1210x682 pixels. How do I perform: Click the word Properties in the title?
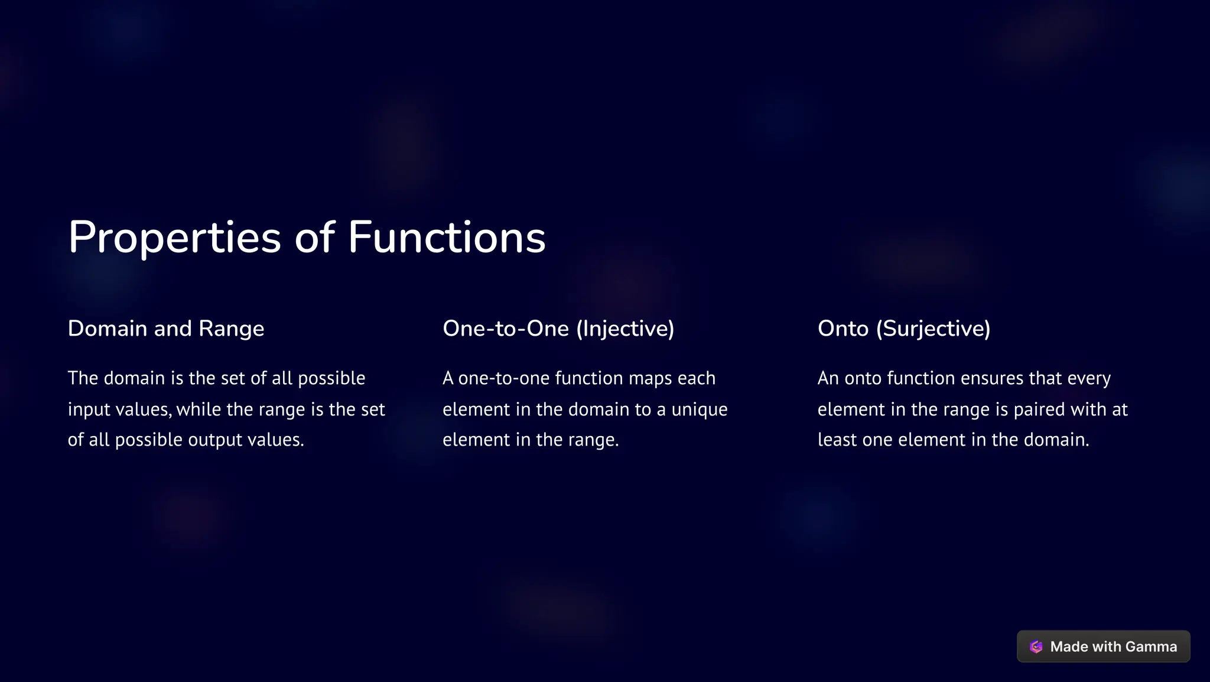click(174, 238)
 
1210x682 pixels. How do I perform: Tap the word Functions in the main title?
click(446, 238)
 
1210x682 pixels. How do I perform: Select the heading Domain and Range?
click(166, 329)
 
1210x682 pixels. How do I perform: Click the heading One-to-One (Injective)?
click(558, 329)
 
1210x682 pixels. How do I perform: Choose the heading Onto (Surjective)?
click(904, 329)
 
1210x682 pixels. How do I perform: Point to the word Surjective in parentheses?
click(933, 329)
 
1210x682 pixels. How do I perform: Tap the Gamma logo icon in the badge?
click(1036, 647)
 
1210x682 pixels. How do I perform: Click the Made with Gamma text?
click(1113, 647)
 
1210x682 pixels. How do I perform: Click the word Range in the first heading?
click(231, 329)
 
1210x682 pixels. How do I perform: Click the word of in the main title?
click(314, 238)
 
